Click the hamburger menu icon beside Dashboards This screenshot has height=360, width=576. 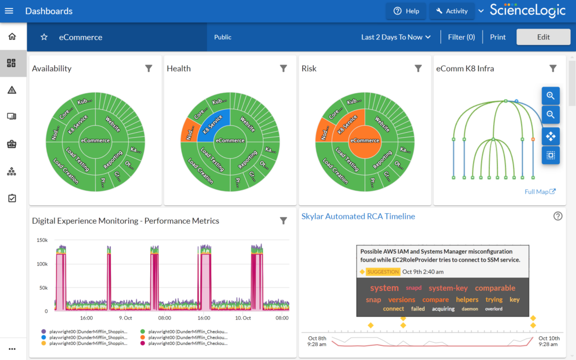[9, 11]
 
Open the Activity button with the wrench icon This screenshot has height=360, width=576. [451, 11]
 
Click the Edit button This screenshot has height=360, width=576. [543, 37]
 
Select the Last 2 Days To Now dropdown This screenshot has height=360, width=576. [396, 37]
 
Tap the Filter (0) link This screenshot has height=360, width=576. [461, 37]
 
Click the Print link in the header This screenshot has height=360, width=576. [497, 37]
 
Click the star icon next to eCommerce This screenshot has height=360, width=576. [44, 37]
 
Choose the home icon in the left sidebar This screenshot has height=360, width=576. [12, 37]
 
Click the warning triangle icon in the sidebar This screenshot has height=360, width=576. [12, 90]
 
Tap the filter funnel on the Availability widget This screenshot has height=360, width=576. [148, 69]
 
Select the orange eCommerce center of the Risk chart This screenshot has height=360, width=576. [364, 141]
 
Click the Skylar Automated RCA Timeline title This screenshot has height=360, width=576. [358, 216]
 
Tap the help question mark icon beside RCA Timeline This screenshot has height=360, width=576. [557, 216]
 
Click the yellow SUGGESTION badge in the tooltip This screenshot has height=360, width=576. [382, 272]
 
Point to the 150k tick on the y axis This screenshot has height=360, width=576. [42, 240]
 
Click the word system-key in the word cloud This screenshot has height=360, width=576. [448, 288]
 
